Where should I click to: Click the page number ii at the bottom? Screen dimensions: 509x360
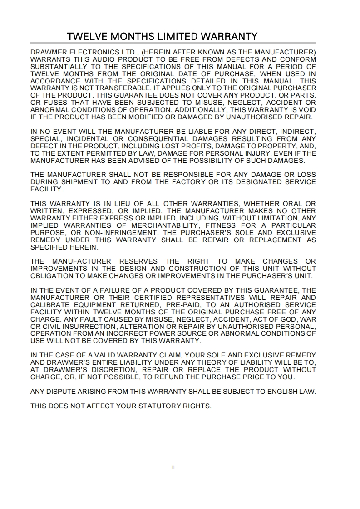click(173, 467)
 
